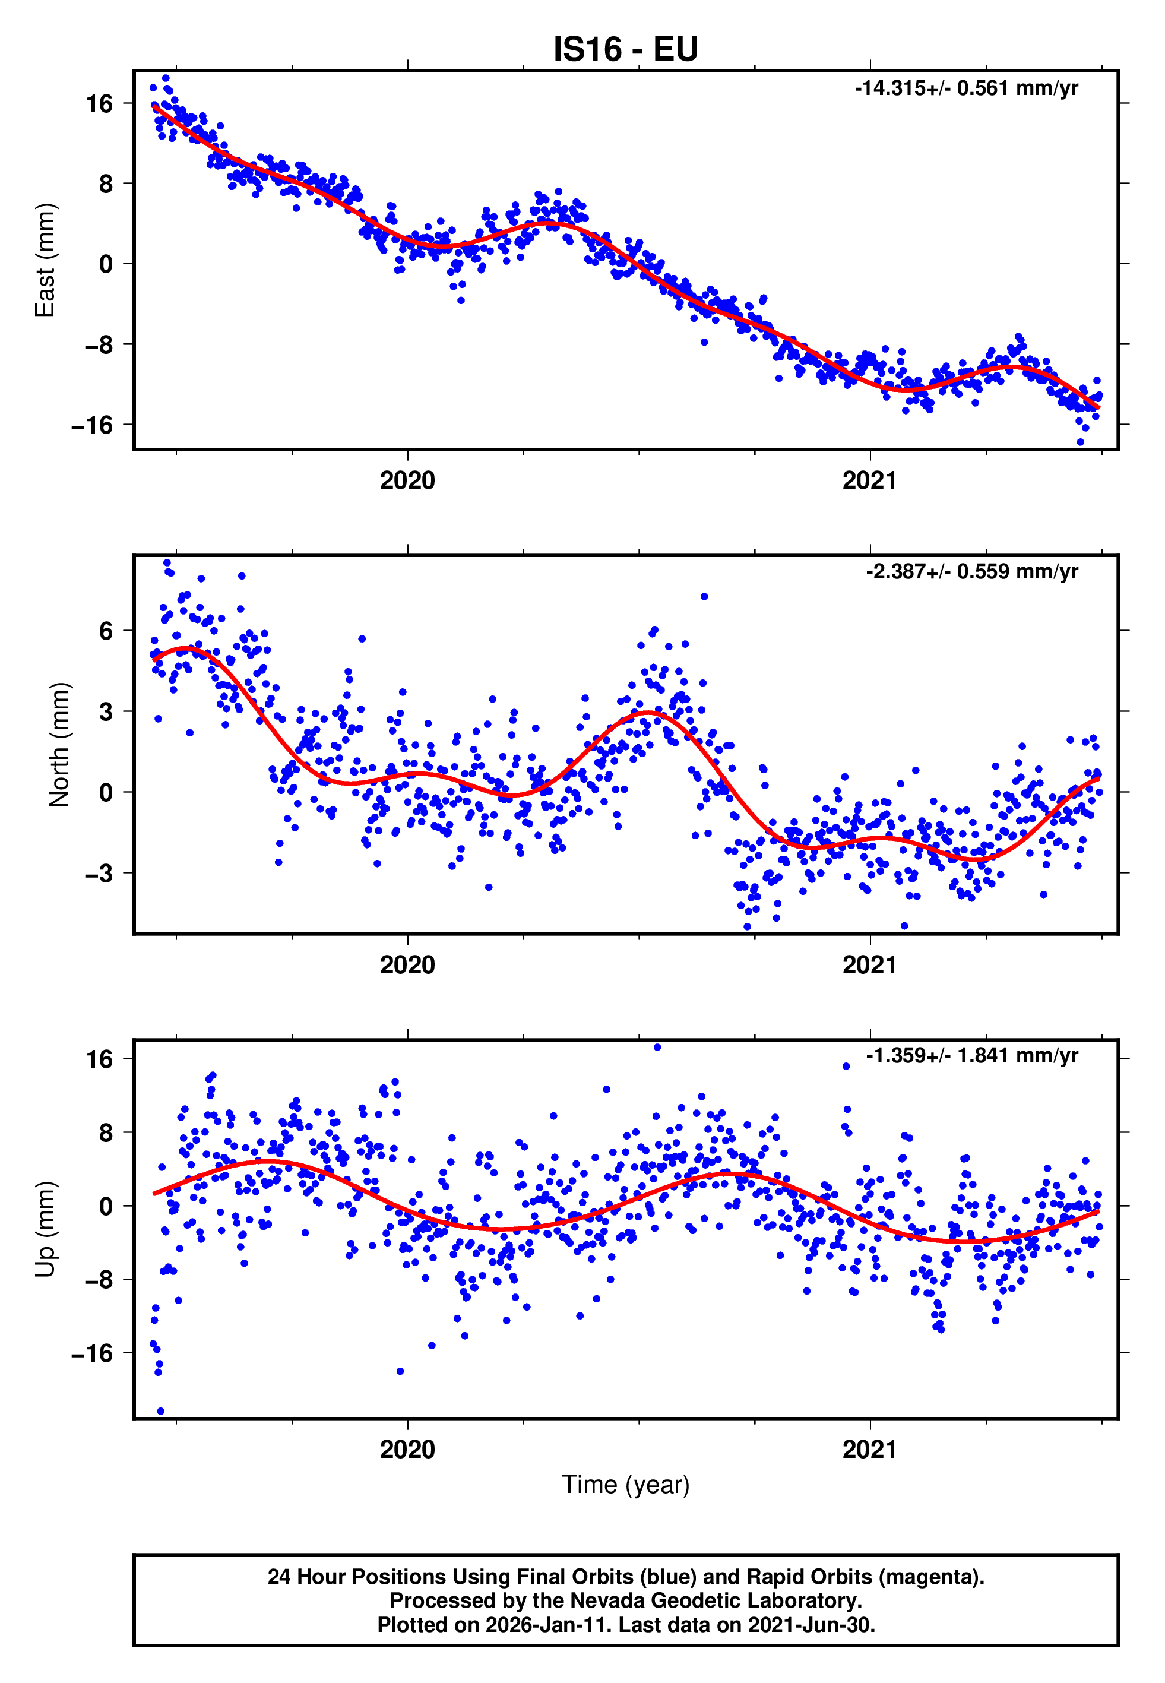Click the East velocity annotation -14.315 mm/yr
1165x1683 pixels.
[965, 88]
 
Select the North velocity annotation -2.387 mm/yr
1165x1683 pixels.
[971, 571]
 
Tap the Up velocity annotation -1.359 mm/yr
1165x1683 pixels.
[971, 1055]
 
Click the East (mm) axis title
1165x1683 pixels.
[45, 260]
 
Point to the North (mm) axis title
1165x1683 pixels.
[58, 745]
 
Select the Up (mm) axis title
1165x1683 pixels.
[45, 1228]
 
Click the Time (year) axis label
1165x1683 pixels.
[626, 1485]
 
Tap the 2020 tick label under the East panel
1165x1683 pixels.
[407, 480]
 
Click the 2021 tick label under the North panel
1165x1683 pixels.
[869, 965]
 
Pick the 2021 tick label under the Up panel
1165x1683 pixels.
[869, 1449]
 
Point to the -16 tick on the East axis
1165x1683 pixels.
[92, 425]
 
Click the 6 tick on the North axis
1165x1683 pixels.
[106, 631]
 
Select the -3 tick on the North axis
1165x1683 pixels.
[99, 873]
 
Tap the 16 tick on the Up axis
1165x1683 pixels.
[99, 1059]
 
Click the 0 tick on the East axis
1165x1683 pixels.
[106, 264]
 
